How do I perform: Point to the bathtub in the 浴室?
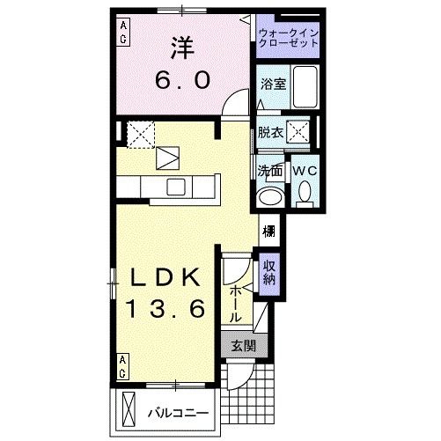[x=305, y=85]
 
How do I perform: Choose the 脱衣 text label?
[x=269, y=133]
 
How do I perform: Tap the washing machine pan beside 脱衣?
[x=300, y=133]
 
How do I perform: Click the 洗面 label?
[x=269, y=170]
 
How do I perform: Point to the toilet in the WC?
[x=304, y=191]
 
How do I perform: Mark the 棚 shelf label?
[x=268, y=233]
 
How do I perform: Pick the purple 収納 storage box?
[x=268, y=273]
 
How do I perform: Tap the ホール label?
[x=236, y=300]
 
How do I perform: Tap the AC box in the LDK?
[x=123, y=363]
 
